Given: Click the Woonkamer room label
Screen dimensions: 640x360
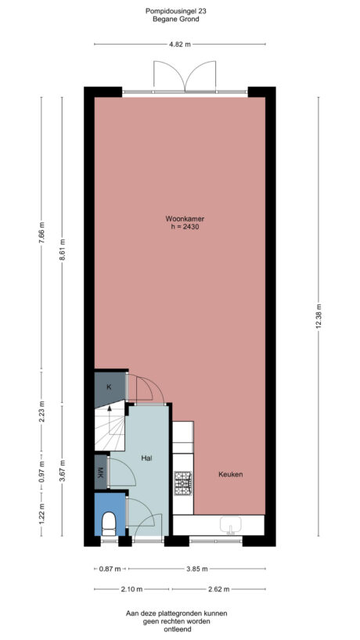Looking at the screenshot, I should [179, 219].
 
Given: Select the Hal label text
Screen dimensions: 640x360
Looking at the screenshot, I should [146, 458].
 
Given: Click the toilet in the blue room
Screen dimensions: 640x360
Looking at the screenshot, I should [110, 522].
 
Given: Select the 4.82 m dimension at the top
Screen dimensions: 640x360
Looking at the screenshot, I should [179, 44].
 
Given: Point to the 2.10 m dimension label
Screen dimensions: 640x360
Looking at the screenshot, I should [129, 590].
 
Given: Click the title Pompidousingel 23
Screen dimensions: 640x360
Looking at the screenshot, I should [179, 12].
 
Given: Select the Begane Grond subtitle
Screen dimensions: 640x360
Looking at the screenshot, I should [179, 20].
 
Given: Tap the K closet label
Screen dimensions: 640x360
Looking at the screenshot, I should [109, 387].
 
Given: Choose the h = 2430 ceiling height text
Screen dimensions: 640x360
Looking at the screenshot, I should [179, 228].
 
